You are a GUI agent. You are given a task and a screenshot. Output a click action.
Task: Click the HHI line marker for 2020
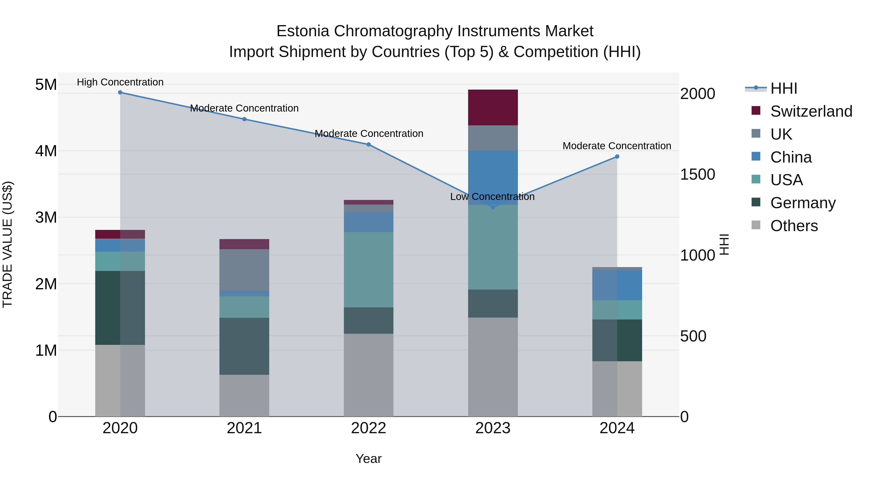[x=120, y=92]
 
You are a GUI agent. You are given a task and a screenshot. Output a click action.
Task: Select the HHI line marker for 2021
[x=245, y=119]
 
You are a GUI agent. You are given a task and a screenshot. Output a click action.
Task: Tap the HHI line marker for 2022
[x=369, y=144]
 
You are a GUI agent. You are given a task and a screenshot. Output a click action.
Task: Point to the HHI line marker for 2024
[x=617, y=156]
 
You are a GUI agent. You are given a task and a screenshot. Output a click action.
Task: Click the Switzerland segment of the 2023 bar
[x=493, y=107]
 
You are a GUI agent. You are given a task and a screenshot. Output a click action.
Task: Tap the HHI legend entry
[x=783, y=88]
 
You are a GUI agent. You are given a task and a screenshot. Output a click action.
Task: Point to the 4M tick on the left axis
[x=46, y=151]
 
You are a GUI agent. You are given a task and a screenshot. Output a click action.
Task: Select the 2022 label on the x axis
[x=369, y=428]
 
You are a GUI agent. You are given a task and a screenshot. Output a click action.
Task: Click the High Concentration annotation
[x=120, y=82]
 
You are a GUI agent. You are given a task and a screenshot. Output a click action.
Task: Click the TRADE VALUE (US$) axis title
[x=8, y=244]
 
